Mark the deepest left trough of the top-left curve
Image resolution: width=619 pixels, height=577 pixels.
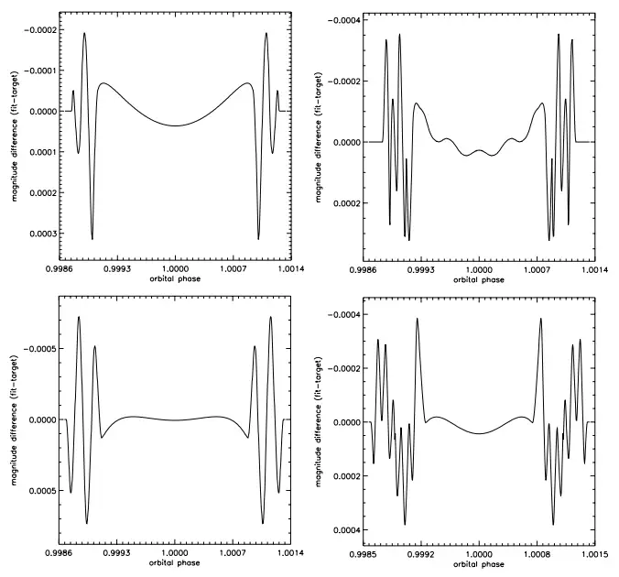click(92, 239)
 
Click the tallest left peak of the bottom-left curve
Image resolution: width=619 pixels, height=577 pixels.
click(79, 318)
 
